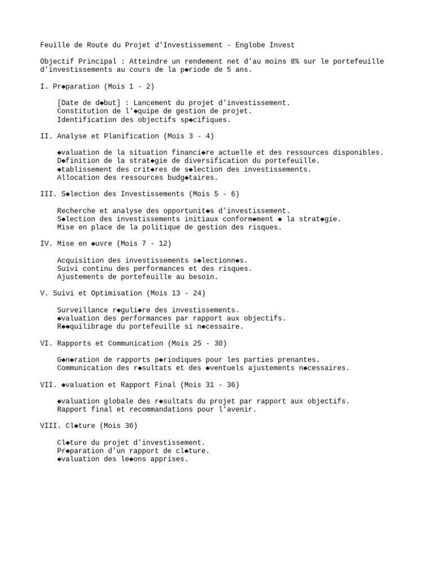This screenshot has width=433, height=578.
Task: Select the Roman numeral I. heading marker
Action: (x=45, y=86)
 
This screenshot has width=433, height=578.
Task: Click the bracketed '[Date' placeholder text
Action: (x=68, y=103)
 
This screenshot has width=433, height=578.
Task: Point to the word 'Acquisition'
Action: (x=80, y=260)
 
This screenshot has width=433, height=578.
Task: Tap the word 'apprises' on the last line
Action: (x=171, y=459)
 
